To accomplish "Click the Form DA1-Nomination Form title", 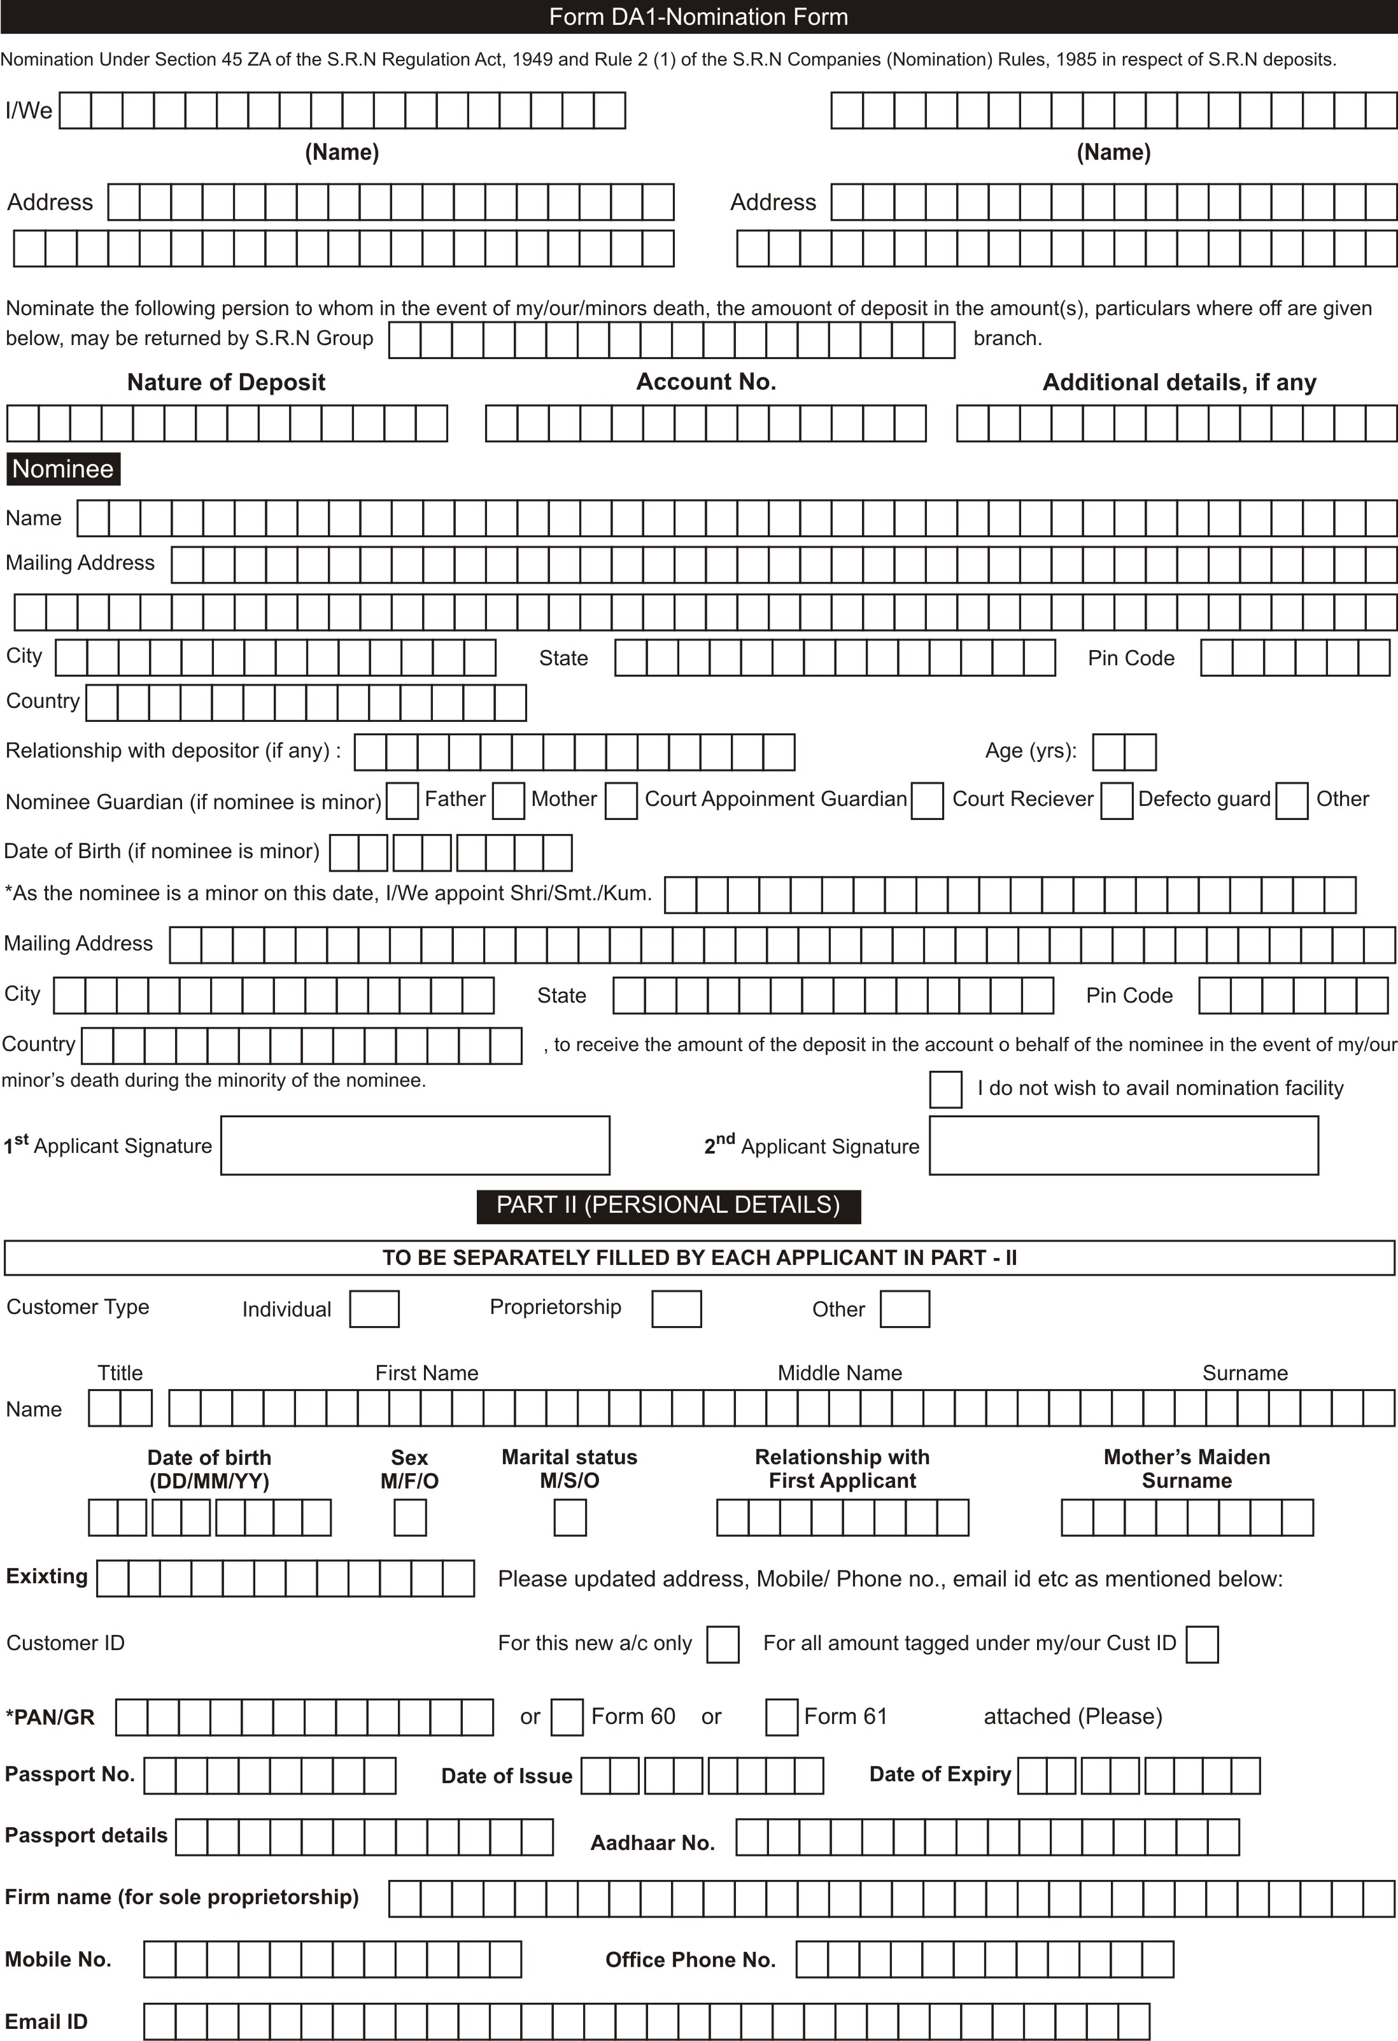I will pyautogui.click(x=698, y=17).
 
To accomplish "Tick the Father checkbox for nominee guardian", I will pyautogui.click(x=402, y=801).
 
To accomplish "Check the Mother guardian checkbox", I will pyautogui.click(x=509, y=801).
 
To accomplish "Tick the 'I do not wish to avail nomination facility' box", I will pyautogui.click(x=946, y=1089).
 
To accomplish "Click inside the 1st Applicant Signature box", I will pyautogui.click(x=414, y=1145).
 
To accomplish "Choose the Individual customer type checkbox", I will pyautogui.click(x=374, y=1308).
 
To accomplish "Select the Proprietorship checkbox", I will pyautogui.click(x=676, y=1308).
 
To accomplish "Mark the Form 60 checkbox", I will pyautogui.click(x=567, y=1717).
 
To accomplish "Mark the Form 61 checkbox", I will pyautogui.click(x=782, y=1717).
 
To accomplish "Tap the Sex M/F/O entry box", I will pyautogui.click(x=410, y=1518).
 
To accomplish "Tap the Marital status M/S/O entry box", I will pyautogui.click(x=570, y=1518).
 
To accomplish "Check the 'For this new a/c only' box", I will pyautogui.click(x=723, y=1644).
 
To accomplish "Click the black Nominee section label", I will pyautogui.click(x=63, y=469).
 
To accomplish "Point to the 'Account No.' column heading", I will pyautogui.click(x=706, y=382).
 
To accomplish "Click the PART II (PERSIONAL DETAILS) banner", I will pyautogui.click(x=668, y=1205).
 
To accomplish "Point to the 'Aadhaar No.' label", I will pyautogui.click(x=653, y=1842).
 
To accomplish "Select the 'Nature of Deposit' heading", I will pyautogui.click(x=226, y=382).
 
